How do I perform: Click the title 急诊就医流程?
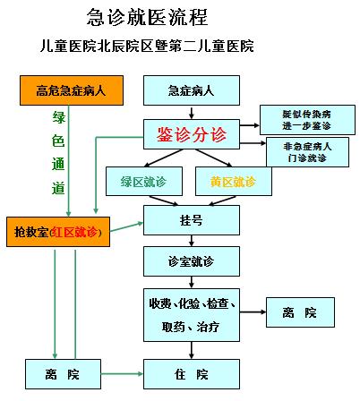147,17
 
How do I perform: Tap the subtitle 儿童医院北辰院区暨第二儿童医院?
147,46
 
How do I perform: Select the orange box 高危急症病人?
72,90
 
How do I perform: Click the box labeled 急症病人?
192,90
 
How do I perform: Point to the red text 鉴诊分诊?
192,134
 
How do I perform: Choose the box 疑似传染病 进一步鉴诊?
307,120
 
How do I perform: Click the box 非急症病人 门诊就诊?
307,152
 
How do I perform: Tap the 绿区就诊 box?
144,181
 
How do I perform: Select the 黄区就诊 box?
234,181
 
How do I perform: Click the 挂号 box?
192,220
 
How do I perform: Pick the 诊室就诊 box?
192,261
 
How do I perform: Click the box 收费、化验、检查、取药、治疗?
192,315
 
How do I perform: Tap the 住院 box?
192,374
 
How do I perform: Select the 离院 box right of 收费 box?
300,312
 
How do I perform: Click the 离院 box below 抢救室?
63,374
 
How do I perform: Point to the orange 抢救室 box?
58,232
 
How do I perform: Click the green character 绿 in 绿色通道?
58,117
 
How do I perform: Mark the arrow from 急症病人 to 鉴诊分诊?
192,112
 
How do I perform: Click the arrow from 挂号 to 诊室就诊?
192,241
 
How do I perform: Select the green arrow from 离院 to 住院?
122,374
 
